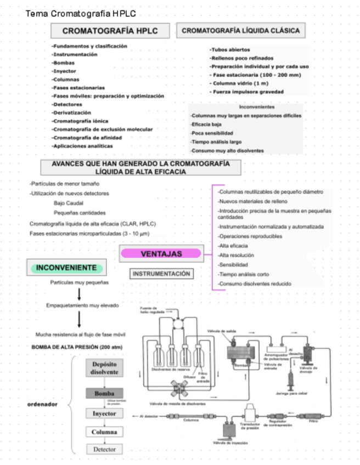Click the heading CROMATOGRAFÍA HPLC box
[110, 31]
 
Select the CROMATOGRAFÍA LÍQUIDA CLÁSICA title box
[241, 31]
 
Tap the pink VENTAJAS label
[161, 254]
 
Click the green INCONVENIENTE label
[67, 268]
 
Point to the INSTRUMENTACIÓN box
[161, 273]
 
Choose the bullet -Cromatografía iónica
[80, 121]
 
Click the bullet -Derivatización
[72, 112]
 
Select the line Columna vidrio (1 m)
[239, 83]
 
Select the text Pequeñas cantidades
[80, 213]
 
